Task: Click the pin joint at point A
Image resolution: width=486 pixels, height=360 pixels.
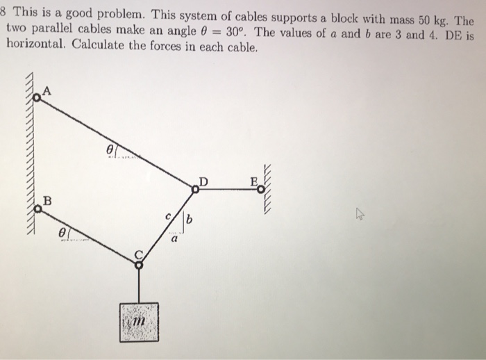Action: pyautogui.click(x=36, y=99)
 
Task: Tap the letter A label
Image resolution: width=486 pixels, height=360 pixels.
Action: pyautogui.click(x=47, y=90)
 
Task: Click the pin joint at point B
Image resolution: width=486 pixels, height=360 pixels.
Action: pyautogui.click(x=38, y=211)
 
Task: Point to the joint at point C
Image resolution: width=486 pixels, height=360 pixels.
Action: pyautogui.click(x=138, y=263)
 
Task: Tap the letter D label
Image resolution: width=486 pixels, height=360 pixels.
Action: pyautogui.click(x=203, y=182)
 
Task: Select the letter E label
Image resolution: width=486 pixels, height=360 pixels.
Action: pyautogui.click(x=254, y=182)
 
